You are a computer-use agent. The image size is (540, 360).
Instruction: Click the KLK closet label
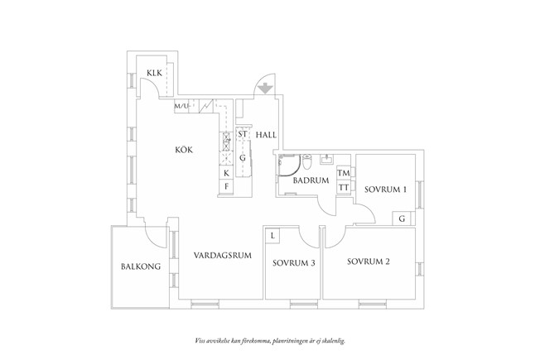click(x=154, y=73)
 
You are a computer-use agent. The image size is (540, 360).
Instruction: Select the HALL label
click(x=266, y=135)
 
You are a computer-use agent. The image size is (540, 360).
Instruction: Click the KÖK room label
click(x=184, y=150)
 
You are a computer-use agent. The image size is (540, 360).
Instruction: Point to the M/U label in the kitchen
click(x=181, y=107)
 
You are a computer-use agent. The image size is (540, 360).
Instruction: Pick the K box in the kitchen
click(x=226, y=173)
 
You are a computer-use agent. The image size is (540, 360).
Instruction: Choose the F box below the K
click(x=226, y=186)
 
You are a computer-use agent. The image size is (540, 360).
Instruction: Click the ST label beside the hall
click(x=243, y=134)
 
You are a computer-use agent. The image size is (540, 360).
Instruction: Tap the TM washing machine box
click(x=344, y=173)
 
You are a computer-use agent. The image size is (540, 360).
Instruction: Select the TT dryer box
click(x=344, y=188)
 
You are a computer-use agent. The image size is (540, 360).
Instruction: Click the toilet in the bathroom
click(x=306, y=161)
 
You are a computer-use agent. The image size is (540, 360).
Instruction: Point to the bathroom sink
click(x=325, y=159)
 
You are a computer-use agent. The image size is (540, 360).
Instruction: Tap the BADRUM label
click(x=311, y=180)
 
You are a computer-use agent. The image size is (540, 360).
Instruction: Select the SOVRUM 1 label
click(x=385, y=190)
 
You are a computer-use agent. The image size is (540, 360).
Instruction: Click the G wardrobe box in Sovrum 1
click(x=402, y=218)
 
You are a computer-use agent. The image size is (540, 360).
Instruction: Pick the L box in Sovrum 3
click(x=272, y=236)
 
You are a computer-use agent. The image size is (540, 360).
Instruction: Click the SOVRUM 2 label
click(x=369, y=262)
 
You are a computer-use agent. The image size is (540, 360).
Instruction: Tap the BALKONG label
click(x=141, y=266)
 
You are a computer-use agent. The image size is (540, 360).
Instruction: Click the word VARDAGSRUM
click(x=223, y=256)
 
